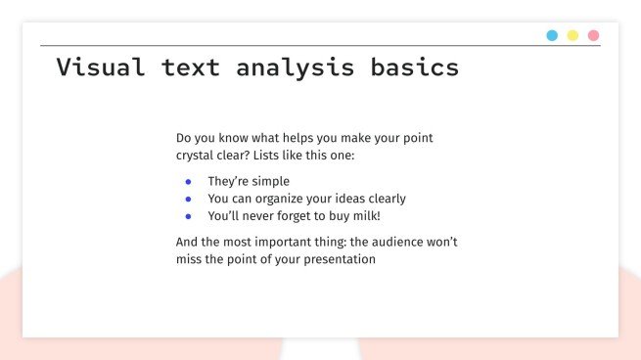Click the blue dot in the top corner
[x=552, y=35]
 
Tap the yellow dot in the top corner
[x=572, y=35]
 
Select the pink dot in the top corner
[x=593, y=35]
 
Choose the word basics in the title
[x=414, y=67]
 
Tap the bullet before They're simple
[x=188, y=182]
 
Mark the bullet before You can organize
[x=188, y=199]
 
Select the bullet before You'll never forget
[x=188, y=216]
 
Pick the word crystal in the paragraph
[x=197, y=156]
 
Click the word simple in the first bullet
[x=269, y=182]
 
